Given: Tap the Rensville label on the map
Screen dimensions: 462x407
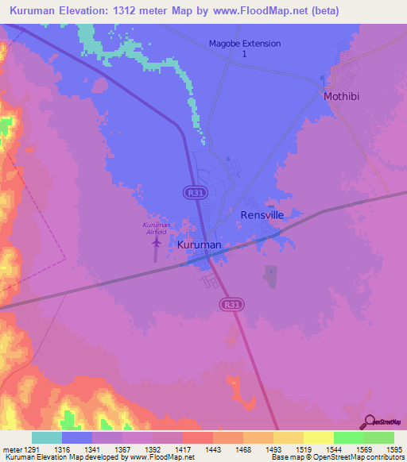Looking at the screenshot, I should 262,215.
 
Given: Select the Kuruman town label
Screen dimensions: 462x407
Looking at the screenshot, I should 199,245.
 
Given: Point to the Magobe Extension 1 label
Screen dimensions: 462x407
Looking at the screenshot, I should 245,48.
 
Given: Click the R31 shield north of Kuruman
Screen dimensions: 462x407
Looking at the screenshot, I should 192,192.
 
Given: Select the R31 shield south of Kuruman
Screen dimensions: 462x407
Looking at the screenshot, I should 231,304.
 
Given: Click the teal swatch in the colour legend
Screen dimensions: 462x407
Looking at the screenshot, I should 47,437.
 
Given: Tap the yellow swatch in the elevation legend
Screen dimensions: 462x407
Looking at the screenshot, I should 318,437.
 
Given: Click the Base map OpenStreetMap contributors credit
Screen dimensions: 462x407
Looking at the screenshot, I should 334,457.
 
